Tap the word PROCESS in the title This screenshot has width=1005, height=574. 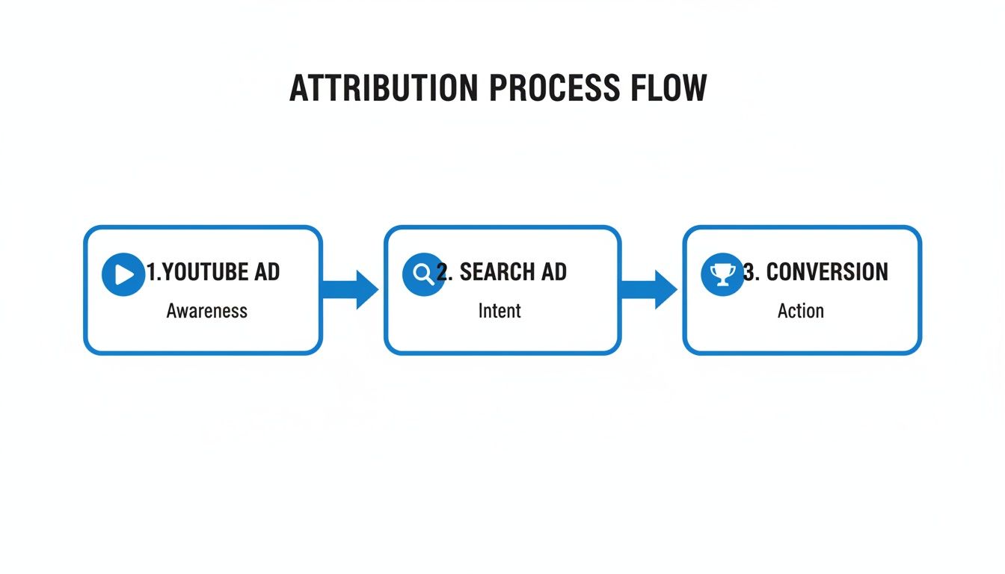coord(555,89)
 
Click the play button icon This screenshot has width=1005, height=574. coord(123,274)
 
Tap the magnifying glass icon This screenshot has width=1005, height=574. coord(423,274)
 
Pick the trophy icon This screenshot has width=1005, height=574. coord(722,274)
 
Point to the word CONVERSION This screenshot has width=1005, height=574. coord(827,272)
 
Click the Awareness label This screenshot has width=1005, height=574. coord(206,311)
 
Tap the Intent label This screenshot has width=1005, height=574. coord(500,311)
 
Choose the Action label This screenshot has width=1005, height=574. coord(800,311)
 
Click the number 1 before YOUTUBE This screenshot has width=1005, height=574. coord(150,272)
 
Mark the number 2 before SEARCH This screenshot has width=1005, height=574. coord(443,272)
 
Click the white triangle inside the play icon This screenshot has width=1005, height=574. coord(125,275)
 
